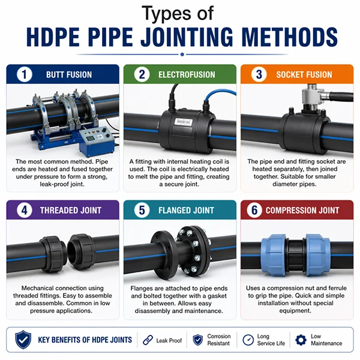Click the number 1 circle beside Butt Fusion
click(23, 74)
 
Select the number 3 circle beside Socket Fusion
click(258, 74)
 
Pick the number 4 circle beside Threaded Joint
click(23, 210)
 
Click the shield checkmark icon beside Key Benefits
click(23, 340)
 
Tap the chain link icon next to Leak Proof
click(148, 340)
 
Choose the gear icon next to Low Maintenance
click(300, 340)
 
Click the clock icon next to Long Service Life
click(248, 340)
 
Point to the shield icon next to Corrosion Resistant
click(197, 340)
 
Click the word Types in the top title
click(161, 13)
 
